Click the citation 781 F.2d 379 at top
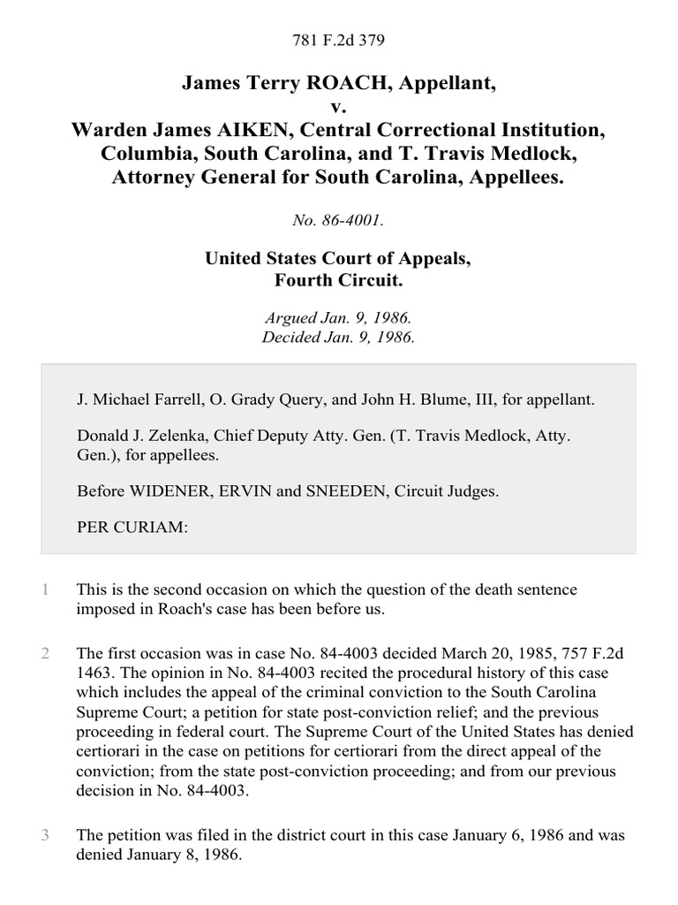point(339,41)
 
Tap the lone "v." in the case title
point(339,107)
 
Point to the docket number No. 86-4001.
point(339,221)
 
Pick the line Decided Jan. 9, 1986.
point(339,337)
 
